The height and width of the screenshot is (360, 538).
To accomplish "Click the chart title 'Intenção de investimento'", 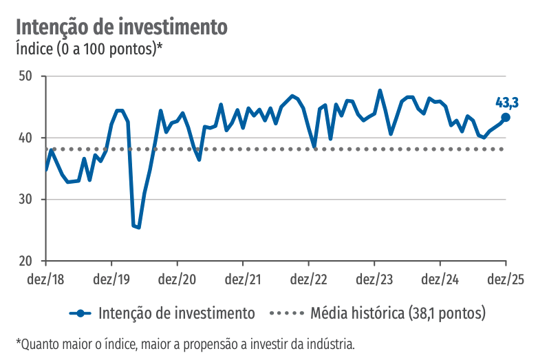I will [121, 27].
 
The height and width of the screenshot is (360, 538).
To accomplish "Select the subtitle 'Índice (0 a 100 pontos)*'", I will [89, 49].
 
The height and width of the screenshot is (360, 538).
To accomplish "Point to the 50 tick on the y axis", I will [26, 76].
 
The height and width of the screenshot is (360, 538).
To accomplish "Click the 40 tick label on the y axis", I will [26, 138].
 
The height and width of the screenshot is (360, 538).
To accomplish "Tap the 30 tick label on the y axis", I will [26, 200].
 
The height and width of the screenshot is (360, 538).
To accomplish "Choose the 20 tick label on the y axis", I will [26, 262].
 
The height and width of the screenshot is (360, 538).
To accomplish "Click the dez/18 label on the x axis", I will [45, 280].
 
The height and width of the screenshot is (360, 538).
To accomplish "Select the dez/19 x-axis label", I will [111, 280].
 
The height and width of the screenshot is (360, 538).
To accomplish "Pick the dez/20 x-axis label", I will [177, 280].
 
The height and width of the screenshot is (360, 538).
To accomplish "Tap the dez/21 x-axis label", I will [243, 280].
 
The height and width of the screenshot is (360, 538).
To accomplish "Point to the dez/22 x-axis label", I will [308, 280].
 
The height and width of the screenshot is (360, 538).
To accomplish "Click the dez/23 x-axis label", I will [374, 280].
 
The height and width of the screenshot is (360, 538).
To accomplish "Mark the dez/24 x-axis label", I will [440, 280].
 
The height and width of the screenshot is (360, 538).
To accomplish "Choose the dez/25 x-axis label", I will [506, 280].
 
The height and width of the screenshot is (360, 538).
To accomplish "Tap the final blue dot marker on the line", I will [506, 117].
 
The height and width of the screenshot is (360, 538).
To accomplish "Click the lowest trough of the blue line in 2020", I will [138, 227].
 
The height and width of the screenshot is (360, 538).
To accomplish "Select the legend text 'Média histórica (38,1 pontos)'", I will [398, 313].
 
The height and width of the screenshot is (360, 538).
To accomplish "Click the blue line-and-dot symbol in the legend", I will [81, 313].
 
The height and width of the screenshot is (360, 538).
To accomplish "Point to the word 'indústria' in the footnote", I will [331, 343].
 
